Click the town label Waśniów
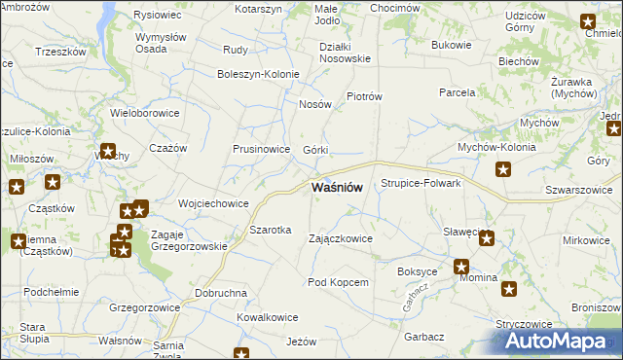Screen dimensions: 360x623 coord(337,187)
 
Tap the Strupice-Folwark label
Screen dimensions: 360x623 coord(421,183)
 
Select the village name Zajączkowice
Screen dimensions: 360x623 coord(340,237)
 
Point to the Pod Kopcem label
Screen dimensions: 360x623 coord(338,282)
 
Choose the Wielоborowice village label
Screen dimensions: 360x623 coord(144,113)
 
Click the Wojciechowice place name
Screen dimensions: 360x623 coord(213,203)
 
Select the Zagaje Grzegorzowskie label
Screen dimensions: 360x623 coord(190,240)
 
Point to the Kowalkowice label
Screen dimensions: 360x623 coord(267,317)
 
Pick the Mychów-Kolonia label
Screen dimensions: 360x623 coord(499,148)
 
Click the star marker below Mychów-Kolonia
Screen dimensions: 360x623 coord(503,170)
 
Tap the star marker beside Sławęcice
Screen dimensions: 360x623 coord(487,236)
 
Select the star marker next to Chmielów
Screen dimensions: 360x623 coord(588,21)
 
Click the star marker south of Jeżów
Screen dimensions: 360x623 coord(241,354)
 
